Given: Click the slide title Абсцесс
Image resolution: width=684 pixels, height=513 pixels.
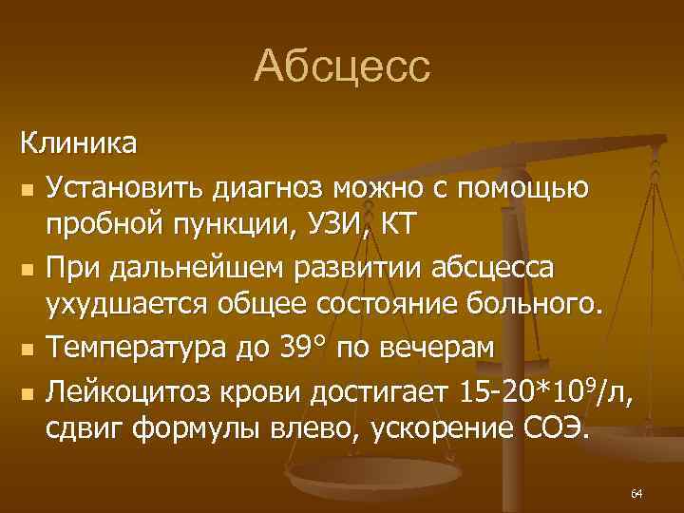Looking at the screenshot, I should coord(342,67).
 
